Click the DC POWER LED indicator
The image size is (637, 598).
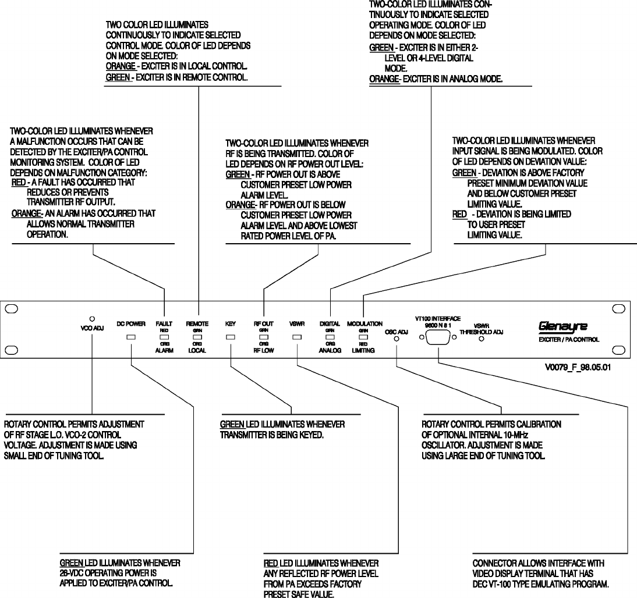click(x=131, y=337)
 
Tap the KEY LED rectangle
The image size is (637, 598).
click(x=231, y=337)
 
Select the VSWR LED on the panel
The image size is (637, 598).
click(x=297, y=337)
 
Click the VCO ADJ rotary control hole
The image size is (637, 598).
click(x=92, y=318)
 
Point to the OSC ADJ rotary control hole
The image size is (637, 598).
click(x=397, y=340)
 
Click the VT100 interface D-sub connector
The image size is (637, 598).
click(x=438, y=337)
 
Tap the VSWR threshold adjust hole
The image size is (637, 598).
click(x=480, y=339)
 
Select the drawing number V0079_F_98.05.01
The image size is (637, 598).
click(x=578, y=368)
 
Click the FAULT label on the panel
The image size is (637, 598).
click(x=164, y=323)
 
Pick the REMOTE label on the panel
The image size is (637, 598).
click(x=197, y=323)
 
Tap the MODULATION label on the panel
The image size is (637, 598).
click(x=364, y=323)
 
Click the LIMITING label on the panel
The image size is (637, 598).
click(x=363, y=351)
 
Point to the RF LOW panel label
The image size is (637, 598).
click(x=264, y=351)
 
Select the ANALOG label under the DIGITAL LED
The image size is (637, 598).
click(x=330, y=351)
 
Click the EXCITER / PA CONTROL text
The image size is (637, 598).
click(x=568, y=339)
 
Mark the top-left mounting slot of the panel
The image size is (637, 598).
click(x=13, y=309)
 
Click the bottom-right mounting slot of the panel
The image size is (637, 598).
click(x=625, y=350)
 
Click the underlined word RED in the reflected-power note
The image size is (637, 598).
click(x=270, y=564)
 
